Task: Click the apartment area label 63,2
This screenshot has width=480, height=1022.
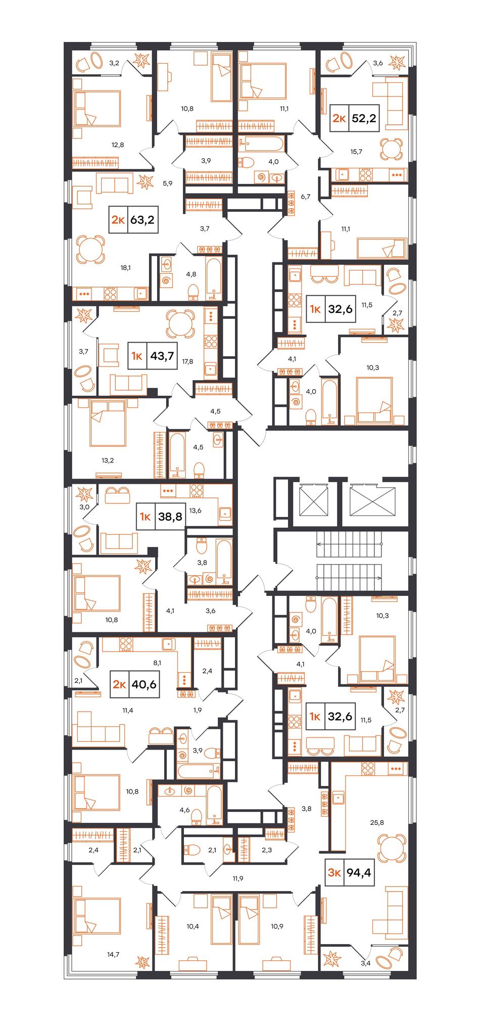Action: [142, 220]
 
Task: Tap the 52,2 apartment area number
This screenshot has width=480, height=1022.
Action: [364, 118]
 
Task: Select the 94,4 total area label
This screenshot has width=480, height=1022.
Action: [359, 872]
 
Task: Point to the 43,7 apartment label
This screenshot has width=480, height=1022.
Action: [162, 356]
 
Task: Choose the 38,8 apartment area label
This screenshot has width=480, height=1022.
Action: [170, 517]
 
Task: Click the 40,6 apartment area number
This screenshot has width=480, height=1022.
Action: [144, 684]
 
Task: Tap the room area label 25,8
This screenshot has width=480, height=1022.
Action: [377, 822]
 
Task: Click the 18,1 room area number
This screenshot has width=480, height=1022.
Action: [125, 268]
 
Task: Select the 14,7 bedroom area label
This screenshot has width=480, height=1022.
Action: [113, 954]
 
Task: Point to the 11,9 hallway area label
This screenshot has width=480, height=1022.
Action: [238, 878]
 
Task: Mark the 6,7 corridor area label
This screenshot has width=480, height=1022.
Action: [305, 197]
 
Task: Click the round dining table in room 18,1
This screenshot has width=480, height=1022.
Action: [91, 250]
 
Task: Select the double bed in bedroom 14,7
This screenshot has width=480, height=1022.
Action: [97, 915]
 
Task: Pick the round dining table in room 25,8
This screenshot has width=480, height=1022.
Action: [392, 848]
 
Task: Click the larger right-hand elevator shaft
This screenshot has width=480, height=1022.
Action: [372, 500]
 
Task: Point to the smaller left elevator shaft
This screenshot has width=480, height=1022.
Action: [314, 500]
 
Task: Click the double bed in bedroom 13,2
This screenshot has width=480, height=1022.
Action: [108, 423]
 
